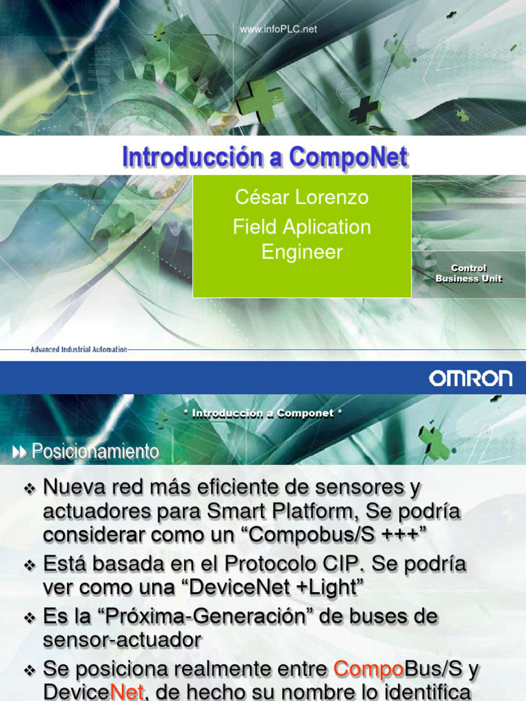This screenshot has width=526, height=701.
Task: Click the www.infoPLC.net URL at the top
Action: coord(278,29)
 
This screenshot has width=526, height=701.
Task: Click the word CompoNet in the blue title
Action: coord(348,157)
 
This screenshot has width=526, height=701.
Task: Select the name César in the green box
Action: coord(262,198)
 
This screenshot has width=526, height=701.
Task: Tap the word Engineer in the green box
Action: coord(301,252)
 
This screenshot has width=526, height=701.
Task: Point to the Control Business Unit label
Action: coord(468,273)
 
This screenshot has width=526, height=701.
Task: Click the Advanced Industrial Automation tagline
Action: coord(79,349)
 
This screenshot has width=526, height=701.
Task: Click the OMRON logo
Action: coord(471,378)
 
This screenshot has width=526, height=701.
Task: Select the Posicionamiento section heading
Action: coord(95,452)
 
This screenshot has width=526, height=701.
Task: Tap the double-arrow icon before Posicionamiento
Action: coord(20,452)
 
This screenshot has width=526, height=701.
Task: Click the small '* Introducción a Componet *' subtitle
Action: coord(263,413)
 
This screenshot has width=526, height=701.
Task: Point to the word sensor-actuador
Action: coord(122,640)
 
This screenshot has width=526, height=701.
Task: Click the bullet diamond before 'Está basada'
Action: coord(29,565)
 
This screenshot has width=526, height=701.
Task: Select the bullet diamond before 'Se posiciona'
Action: coord(29,669)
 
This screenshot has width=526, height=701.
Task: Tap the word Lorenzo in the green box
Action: coord(331,198)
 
